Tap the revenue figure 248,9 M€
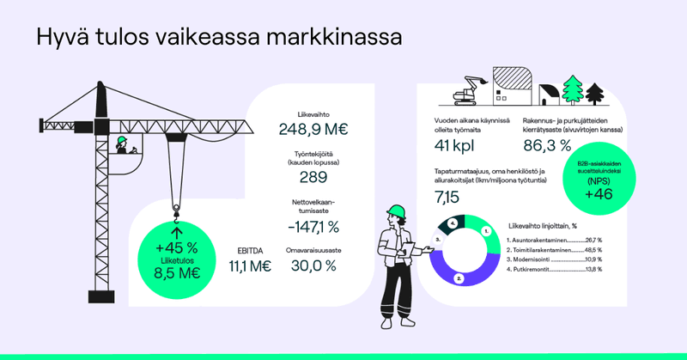click(313, 130)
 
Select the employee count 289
click(313, 178)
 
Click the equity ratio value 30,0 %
click(313, 265)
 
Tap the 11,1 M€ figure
click(250, 266)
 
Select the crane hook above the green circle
click(177, 209)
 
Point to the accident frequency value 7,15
click(447, 198)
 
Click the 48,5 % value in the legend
click(592, 249)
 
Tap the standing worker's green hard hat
click(396, 211)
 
